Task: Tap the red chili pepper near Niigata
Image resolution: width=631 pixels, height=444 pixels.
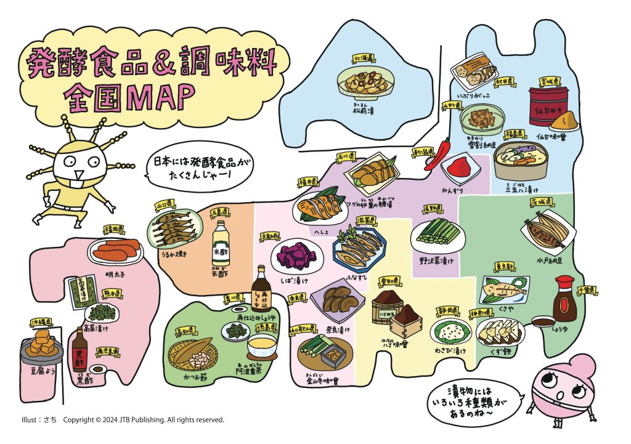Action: coord(444,151)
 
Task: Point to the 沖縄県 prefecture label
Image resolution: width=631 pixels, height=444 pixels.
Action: coord(41,321)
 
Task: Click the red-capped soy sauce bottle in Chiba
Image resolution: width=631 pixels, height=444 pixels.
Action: coord(563,299)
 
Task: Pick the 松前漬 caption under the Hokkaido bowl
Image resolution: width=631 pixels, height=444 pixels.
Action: coord(365,110)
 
